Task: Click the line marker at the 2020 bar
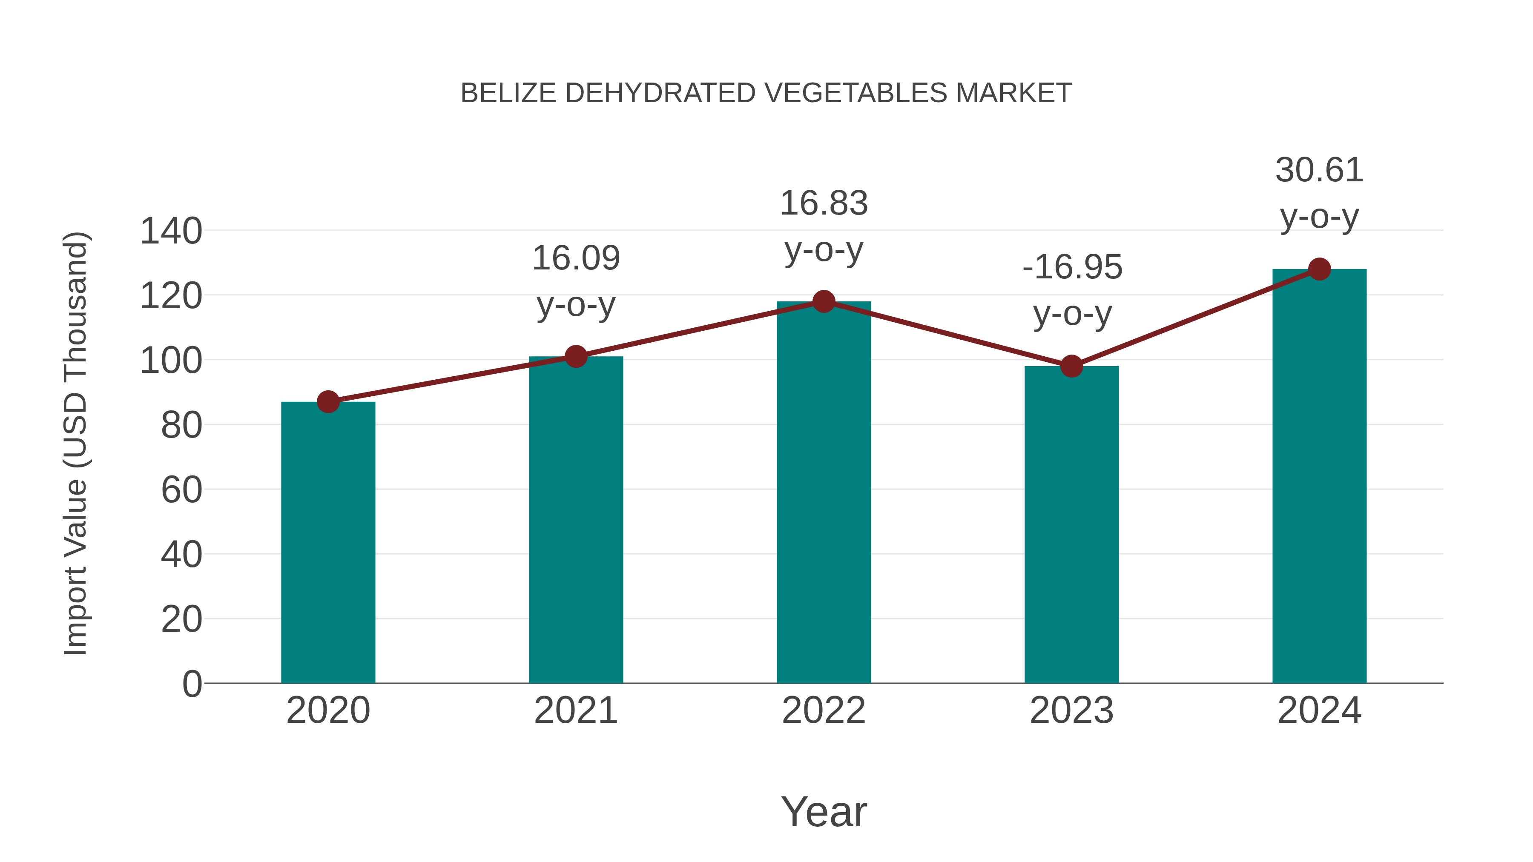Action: [x=328, y=402]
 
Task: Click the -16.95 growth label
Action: [x=1072, y=267]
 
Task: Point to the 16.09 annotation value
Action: [x=576, y=258]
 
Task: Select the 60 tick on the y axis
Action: [x=181, y=490]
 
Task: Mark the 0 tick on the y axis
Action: [x=192, y=684]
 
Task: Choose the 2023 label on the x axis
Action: [x=1071, y=710]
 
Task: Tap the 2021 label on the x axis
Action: [x=576, y=710]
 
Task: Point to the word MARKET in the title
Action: [x=1013, y=93]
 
